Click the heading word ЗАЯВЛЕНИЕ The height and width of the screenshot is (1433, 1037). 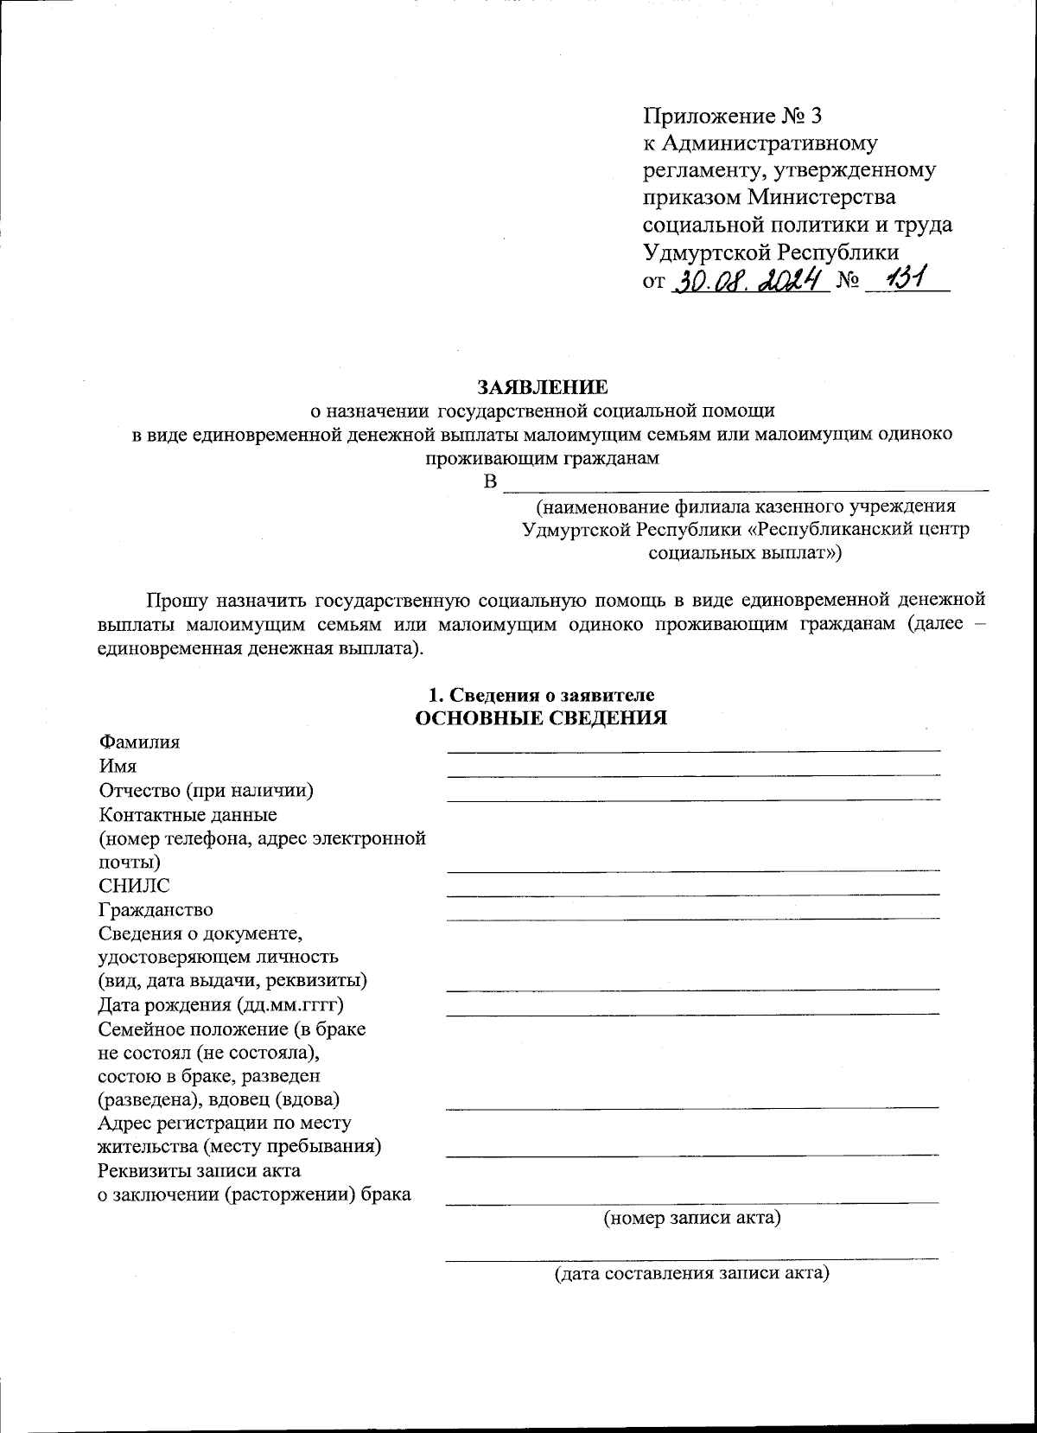[544, 385]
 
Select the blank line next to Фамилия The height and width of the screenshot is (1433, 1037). [692, 748]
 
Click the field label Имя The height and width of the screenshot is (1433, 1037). [118, 766]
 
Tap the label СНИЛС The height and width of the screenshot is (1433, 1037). [135, 885]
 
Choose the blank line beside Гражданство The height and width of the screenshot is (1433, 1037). [692, 916]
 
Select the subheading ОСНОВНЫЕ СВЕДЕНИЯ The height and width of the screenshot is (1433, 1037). [542, 718]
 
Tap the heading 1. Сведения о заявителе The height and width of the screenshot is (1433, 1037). [542, 695]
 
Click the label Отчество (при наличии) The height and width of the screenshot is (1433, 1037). [206, 790]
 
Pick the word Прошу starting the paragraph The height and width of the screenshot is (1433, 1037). [176, 599]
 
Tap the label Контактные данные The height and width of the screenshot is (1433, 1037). [188, 814]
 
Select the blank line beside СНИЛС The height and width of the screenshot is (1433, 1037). [692, 893]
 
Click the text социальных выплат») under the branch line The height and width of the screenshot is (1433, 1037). [744, 552]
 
